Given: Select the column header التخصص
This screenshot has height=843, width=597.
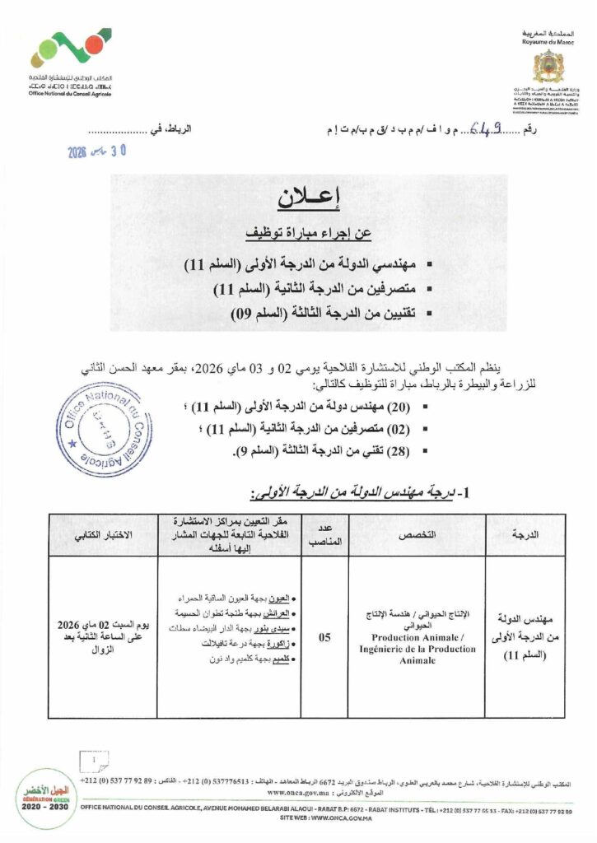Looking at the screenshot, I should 417,534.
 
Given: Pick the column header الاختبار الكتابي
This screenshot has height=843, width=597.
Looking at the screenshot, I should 103,534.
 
